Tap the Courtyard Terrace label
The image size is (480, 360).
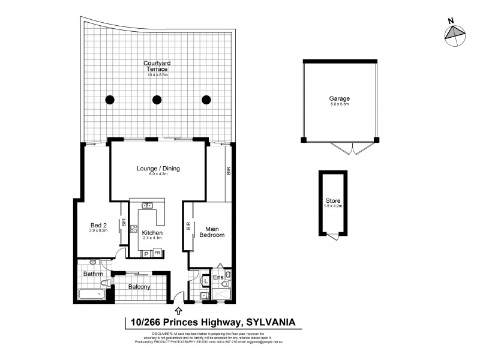155,67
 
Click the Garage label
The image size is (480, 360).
339,98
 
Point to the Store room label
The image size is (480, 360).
332,200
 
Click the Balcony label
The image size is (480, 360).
139,287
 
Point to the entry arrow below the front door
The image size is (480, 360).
179,310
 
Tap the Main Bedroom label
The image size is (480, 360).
215,232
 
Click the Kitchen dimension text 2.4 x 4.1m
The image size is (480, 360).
152,239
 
